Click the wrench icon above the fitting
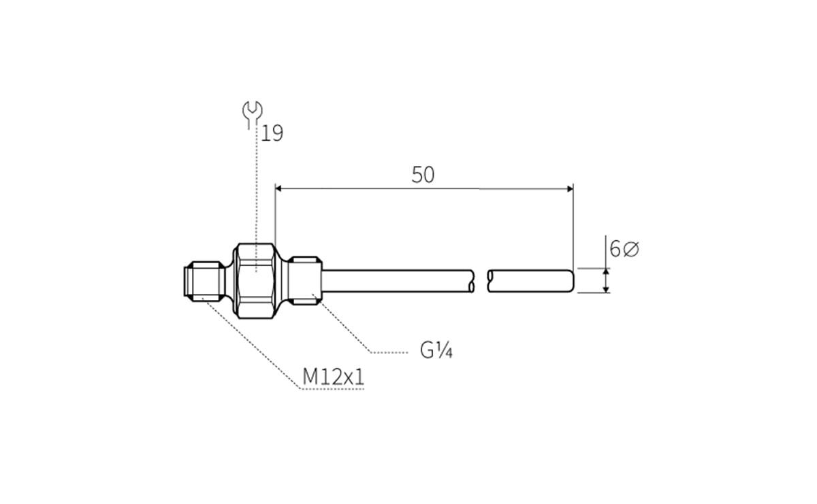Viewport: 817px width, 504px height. coord(253,112)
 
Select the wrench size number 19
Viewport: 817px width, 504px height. coord(272,133)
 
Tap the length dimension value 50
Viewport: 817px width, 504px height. coord(423,175)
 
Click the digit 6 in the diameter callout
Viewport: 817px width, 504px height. coord(615,250)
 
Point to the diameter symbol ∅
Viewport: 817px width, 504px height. coord(631,250)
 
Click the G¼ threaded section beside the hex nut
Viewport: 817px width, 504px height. coord(304,280)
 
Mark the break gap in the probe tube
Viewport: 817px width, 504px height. coord(481,281)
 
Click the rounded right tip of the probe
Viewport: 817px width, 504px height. coord(571,281)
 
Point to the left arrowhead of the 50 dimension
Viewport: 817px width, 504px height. coord(279,188)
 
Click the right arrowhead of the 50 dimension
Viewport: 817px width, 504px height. coord(568,188)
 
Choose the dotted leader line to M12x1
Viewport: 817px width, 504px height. coord(252,343)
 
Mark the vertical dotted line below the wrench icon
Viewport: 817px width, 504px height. coord(255,190)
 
